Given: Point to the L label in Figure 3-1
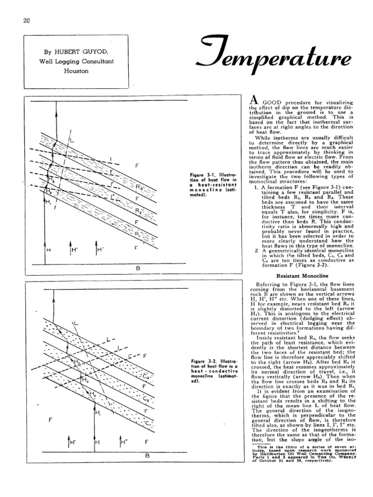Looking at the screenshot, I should coord(71,140).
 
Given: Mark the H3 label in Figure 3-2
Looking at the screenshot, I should coord(85,380).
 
